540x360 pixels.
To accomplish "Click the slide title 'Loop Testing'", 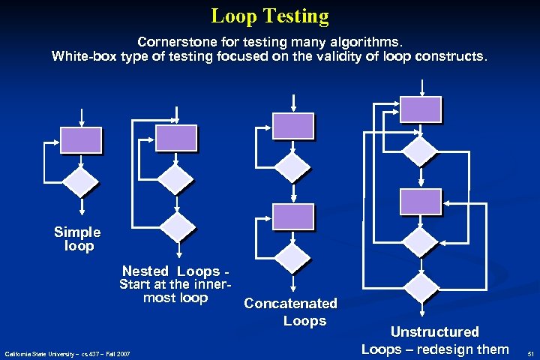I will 270,16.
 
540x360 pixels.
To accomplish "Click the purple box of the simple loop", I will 80,139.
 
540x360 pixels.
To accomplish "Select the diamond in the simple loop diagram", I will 80,181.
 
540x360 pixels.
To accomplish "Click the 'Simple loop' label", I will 77,239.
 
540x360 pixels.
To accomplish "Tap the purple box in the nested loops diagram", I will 176,138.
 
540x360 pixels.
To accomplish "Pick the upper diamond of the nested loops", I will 177,180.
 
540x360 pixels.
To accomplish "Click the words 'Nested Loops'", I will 171,271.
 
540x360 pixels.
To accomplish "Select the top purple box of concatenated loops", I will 292,125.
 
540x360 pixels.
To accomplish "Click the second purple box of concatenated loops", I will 292,216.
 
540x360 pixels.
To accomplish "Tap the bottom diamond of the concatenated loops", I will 292,256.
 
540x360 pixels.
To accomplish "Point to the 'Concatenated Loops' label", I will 291,312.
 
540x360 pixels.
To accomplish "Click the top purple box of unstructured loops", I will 421,109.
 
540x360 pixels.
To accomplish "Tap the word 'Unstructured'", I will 434,331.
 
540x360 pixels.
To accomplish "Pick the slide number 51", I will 529,353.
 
